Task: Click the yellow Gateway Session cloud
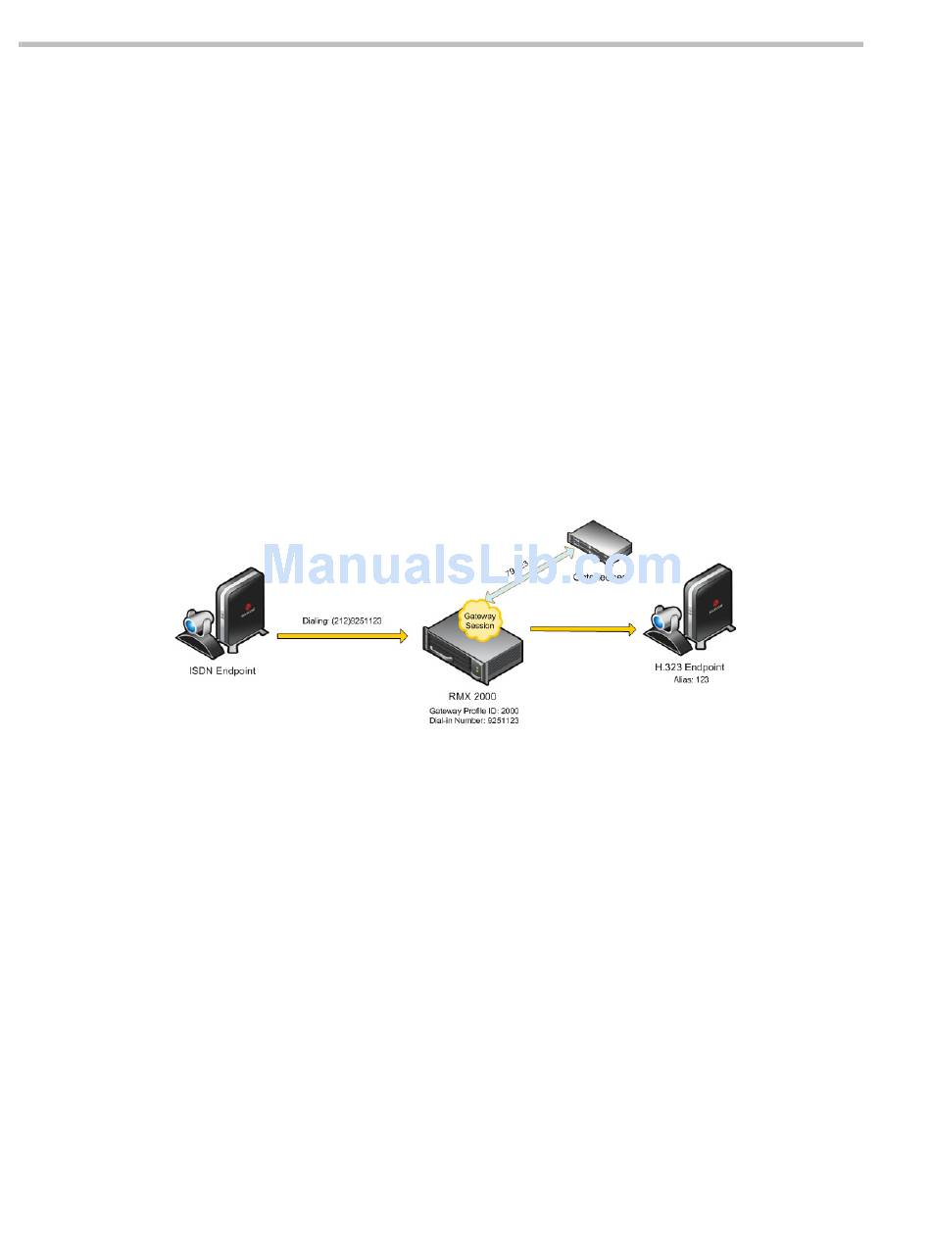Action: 479,619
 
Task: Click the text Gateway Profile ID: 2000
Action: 473,710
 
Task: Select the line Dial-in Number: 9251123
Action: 473,720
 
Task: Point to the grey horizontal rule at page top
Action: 441,44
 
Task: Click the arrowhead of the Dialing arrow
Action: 401,636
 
